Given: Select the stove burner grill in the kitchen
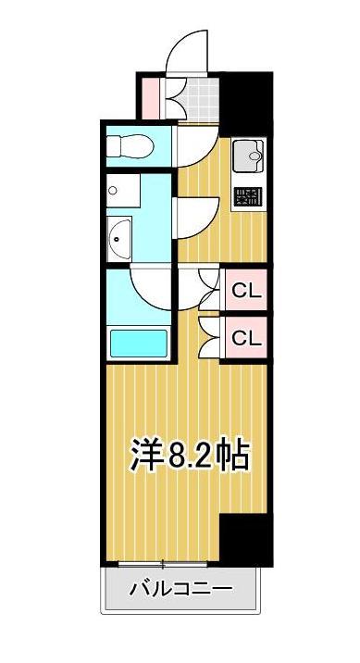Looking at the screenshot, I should [x=247, y=196].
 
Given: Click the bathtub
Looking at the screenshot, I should [x=139, y=343].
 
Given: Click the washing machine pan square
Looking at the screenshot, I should [x=122, y=193].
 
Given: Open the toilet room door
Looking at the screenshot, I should [x=196, y=145].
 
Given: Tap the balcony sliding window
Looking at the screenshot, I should [x=162, y=563].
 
